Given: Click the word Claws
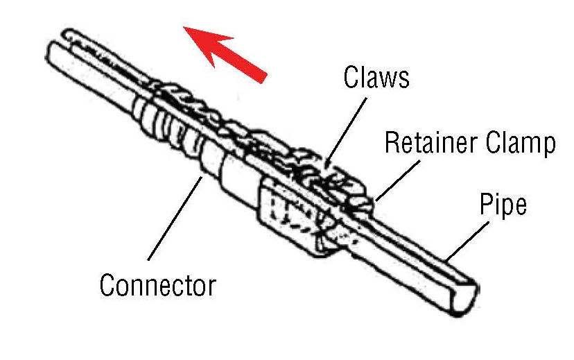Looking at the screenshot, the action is click(376, 78).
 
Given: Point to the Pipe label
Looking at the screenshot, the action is click(503, 205).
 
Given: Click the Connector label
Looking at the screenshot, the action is click(158, 284).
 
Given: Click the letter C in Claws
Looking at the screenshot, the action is click(351, 78).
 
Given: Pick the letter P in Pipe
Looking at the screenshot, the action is click(486, 205).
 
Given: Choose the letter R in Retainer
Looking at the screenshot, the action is click(392, 143).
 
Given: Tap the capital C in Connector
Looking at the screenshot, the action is click(107, 284).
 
